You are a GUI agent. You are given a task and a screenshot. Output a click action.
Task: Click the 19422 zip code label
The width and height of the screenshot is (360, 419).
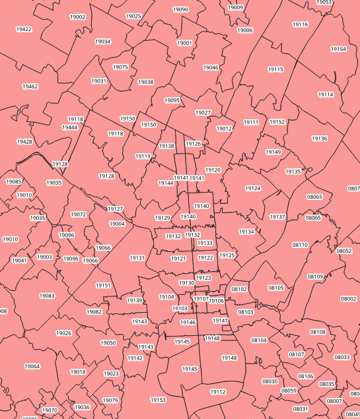click(24, 30)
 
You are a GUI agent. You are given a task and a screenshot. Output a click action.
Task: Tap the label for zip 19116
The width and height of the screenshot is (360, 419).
click(300, 24)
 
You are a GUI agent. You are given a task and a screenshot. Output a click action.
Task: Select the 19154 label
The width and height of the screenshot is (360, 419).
click(338, 49)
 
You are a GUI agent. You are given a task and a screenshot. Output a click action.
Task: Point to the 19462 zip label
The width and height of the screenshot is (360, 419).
click(30, 86)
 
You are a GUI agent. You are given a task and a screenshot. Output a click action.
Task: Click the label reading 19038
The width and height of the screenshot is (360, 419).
click(145, 82)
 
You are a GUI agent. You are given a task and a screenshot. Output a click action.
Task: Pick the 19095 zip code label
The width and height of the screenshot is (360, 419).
click(172, 100)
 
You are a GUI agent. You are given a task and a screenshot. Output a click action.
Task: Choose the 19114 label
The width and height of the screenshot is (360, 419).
click(326, 94)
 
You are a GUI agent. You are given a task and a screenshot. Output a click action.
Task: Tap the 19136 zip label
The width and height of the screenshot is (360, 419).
click(320, 139)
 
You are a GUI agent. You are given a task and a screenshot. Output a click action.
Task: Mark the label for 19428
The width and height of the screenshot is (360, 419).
click(24, 142)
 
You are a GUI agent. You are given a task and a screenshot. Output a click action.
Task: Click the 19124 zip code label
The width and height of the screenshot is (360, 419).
click(253, 189)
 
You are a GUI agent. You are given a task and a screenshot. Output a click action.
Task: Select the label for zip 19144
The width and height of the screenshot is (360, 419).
click(166, 183)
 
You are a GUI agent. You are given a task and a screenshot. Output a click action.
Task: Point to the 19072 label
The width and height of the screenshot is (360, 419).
click(78, 214)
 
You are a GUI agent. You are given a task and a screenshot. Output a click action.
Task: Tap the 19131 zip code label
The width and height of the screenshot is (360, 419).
click(137, 258)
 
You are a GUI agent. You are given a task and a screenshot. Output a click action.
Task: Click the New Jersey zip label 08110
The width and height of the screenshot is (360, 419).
click(300, 245)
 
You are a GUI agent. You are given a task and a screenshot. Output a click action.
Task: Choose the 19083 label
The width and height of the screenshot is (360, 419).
click(47, 296)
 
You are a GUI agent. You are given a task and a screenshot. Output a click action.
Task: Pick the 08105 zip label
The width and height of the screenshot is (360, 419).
click(276, 288)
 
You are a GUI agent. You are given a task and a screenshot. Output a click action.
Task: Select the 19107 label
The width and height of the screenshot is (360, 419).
click(201, 299)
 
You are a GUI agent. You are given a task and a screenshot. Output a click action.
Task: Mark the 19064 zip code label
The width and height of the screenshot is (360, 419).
click(32, 366)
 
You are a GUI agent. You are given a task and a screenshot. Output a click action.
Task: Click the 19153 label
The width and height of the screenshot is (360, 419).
click(158, 400)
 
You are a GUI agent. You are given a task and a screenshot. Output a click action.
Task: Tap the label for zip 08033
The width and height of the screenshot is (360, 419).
click(342, 357)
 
